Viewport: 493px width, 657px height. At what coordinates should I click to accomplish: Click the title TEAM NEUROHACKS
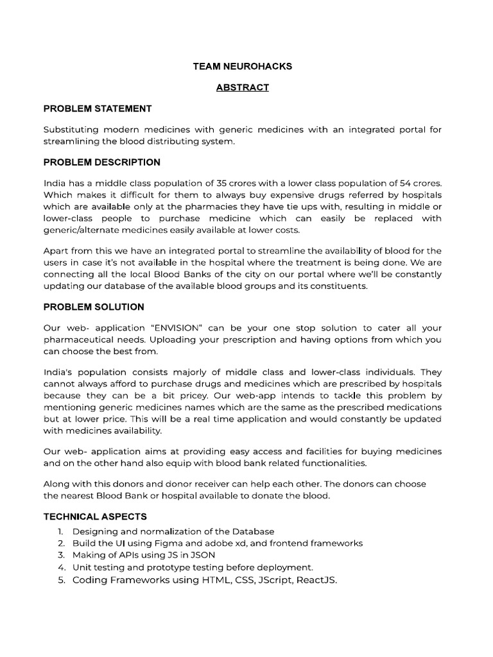[x=242, y=66]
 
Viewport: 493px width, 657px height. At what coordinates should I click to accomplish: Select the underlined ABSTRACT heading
[x=242, y=87]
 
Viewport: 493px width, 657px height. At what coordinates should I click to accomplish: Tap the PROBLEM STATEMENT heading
[x=98, y=108]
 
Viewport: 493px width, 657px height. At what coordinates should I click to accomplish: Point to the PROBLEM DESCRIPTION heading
[x=101, y=162]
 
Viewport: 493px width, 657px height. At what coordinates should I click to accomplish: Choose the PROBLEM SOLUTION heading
[x=94, y=307]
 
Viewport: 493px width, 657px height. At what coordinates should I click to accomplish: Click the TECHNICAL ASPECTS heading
[x=95, y=516]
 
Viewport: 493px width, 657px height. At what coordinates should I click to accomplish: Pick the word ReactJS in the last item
[x=315, y=580]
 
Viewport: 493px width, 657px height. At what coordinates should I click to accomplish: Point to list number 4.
[x=61, y=567]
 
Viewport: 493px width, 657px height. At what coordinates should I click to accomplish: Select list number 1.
[x=60, y=531]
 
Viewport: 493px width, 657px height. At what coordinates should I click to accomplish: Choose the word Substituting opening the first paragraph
[x=70, y=130]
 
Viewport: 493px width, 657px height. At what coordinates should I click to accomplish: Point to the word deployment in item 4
[x=285, y=567]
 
